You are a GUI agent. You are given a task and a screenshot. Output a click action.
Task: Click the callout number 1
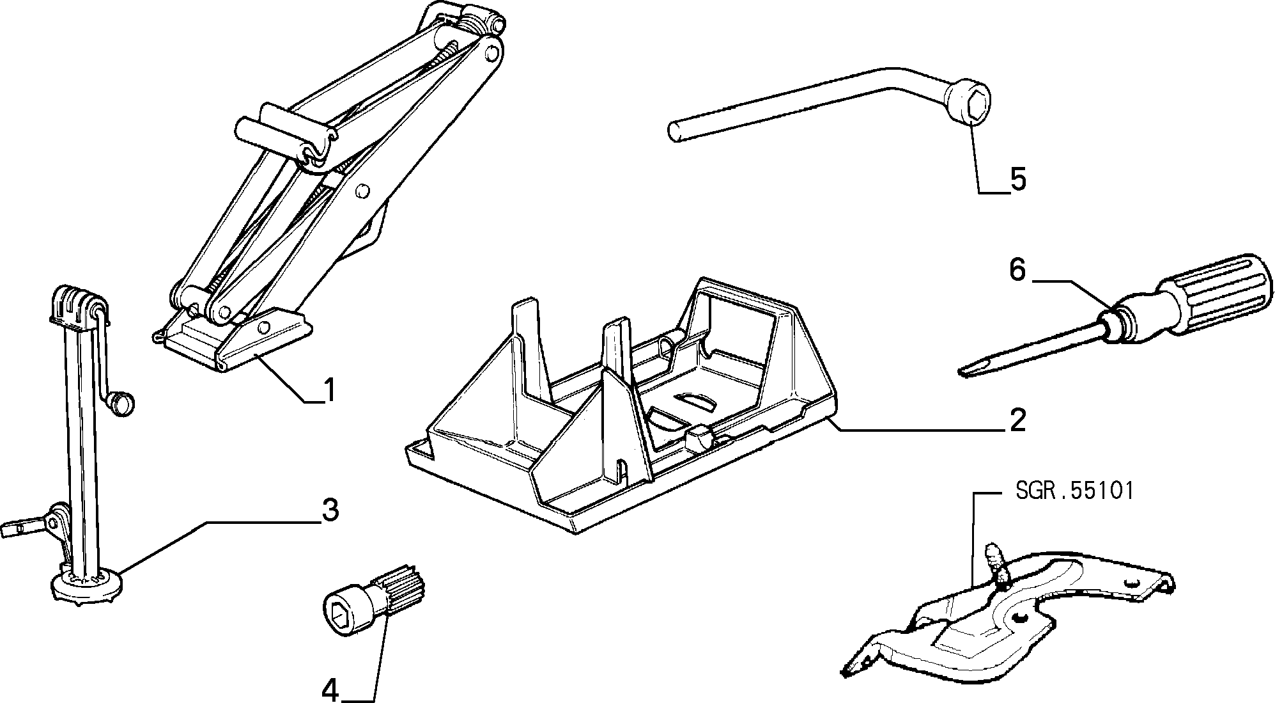tap(328, 390)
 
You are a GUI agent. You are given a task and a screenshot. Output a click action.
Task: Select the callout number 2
tap(1017, 420)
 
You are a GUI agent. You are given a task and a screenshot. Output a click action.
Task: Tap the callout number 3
tap(330, 510)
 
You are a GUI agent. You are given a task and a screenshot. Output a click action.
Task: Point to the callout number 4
tap(330, 690)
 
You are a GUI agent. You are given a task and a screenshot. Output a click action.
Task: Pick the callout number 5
tap(1017, 179)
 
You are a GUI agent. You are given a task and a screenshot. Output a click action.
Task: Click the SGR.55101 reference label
tap(1074, 491)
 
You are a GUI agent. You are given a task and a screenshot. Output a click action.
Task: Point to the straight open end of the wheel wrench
tap(674, 132)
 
